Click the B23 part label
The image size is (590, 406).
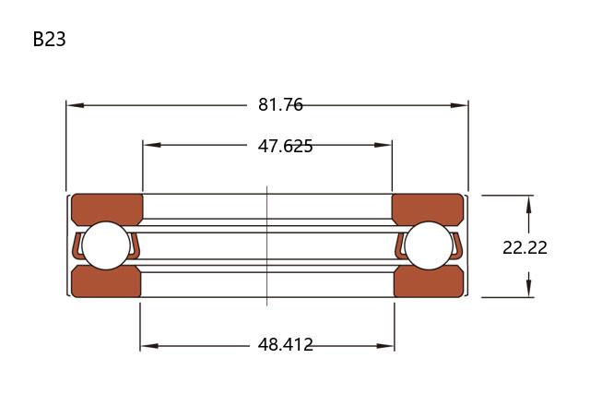click(49, 39)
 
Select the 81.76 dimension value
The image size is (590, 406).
click(280, 104)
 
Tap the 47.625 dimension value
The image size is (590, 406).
click(285, 146)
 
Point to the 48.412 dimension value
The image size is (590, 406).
click(285, 344)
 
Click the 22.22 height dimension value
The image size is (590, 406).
click(525, 247)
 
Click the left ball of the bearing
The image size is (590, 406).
click(106, 245)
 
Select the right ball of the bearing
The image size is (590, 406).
click(429, 245)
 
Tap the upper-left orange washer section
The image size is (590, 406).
click(107, 209)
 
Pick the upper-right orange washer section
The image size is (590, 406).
click(428, 209)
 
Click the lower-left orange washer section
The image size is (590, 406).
click(106, 281)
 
